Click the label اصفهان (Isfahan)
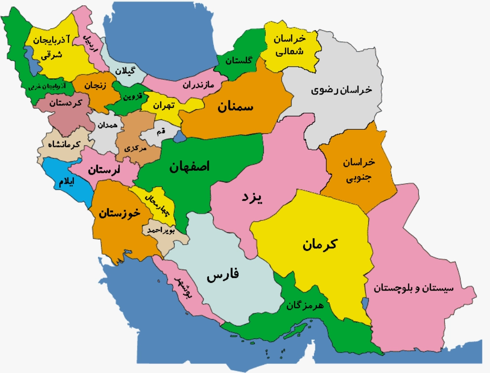click(x=189, y=167)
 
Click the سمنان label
click(x=236, y=107)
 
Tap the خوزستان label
click(x=119, y=214)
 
